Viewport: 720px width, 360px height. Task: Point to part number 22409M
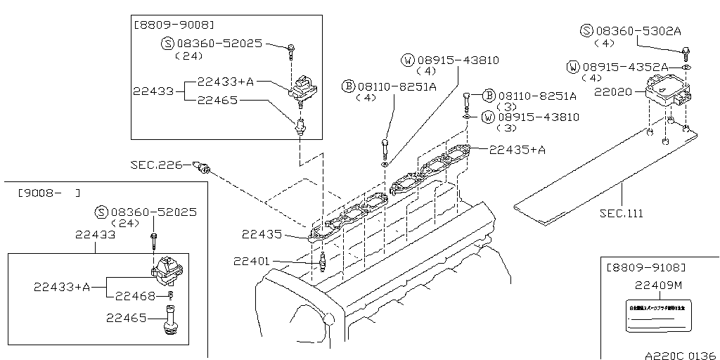tap(658, 285)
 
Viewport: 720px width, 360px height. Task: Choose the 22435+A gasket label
tap(517, 149)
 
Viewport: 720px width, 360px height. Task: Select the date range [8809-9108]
tap(646, 268)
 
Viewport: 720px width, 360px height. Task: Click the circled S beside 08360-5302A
tap(586, 31)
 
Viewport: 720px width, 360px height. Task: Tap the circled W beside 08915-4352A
tap(573, 67)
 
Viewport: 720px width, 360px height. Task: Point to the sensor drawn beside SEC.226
tap(202, 167)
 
